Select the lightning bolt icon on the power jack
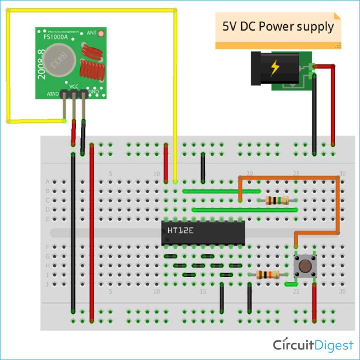274,69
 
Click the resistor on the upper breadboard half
276,201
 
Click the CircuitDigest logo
313,345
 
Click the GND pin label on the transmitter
93,92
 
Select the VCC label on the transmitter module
73,87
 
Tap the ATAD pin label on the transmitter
52,94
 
